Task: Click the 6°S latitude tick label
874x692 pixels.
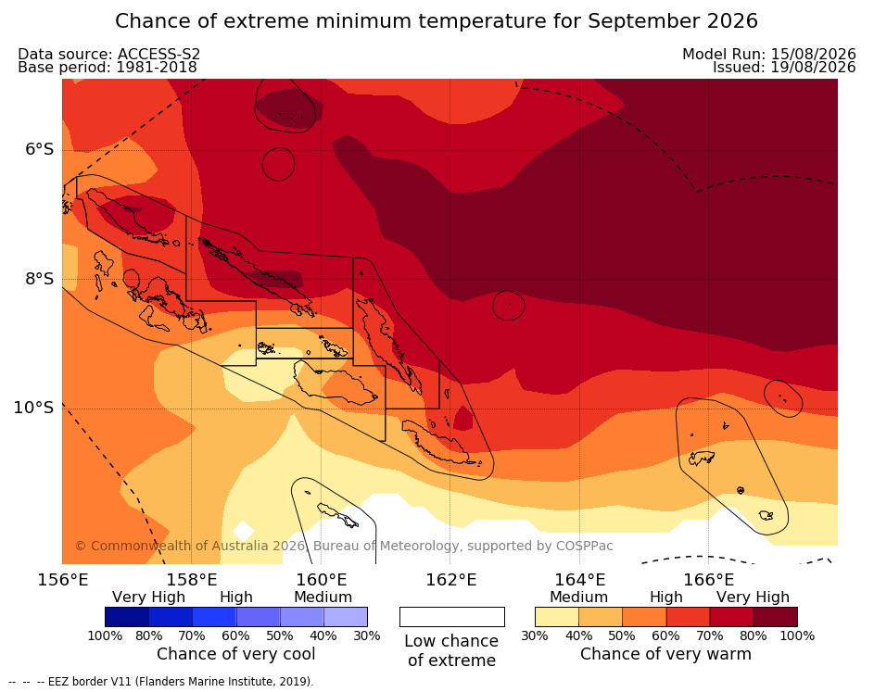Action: (39, 149)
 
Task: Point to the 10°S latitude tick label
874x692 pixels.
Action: (34, 408)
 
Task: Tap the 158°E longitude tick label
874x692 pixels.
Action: (192, 580)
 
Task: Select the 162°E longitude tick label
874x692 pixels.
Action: (451, 580)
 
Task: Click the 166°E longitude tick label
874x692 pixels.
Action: (708, 580)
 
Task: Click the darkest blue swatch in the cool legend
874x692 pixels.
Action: (127, 617)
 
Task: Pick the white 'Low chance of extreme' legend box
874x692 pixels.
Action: (452, 617)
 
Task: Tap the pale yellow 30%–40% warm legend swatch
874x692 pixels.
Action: (557, 617)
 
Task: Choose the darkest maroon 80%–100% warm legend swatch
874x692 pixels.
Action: (776, 617)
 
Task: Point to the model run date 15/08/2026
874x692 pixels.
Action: (813, 54)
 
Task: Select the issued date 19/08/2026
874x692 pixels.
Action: (813, 68)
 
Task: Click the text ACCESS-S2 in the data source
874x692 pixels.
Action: (158, 54)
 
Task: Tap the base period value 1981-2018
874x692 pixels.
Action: (156, 68)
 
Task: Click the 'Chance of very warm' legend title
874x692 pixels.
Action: (665, 654)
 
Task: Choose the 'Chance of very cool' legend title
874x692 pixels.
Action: (235, 654)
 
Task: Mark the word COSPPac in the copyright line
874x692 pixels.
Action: (584, 546)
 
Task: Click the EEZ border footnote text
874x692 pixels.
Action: (161, 682)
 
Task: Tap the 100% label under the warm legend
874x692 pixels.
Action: (797, 635)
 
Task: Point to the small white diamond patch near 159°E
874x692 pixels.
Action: (243, 531)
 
